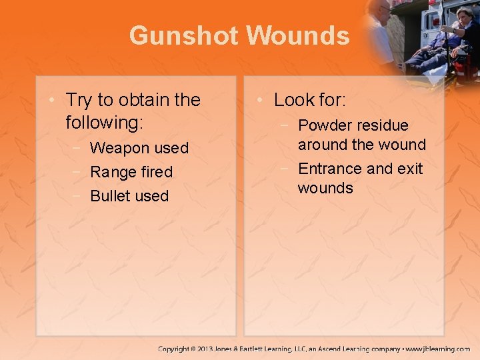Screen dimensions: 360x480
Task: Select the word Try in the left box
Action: pos(79,100)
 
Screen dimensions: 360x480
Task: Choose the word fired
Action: pos(156,172)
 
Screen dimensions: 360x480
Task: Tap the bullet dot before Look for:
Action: pos(261,101)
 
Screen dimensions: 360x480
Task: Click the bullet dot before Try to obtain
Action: pos(53,101)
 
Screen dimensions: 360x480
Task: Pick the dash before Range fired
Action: pos(77,172)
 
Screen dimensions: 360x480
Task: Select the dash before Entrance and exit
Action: pos(285,169)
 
